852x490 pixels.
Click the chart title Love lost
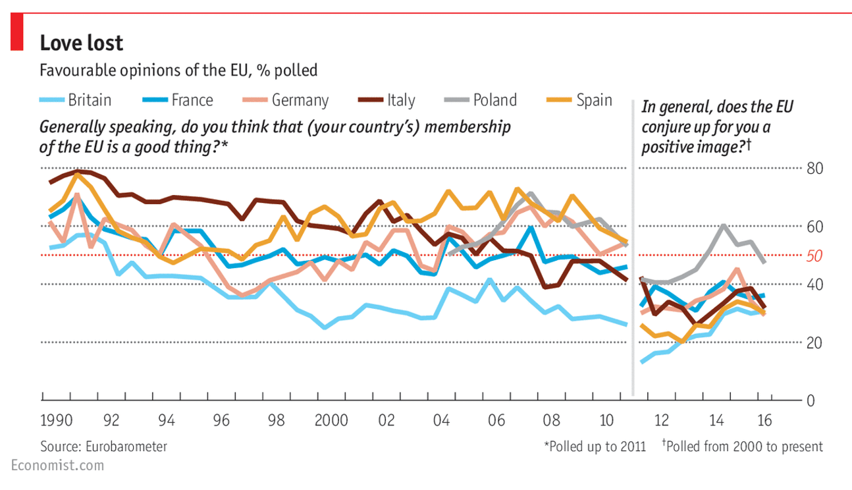(82, 43)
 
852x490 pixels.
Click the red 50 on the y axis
(814, 256)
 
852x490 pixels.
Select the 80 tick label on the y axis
(814, 169)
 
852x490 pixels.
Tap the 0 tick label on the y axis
(811, 400)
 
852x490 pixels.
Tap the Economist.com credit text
(57, 466)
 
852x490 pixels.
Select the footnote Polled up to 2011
(590, 447)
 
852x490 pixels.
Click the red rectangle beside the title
(18, 33)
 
